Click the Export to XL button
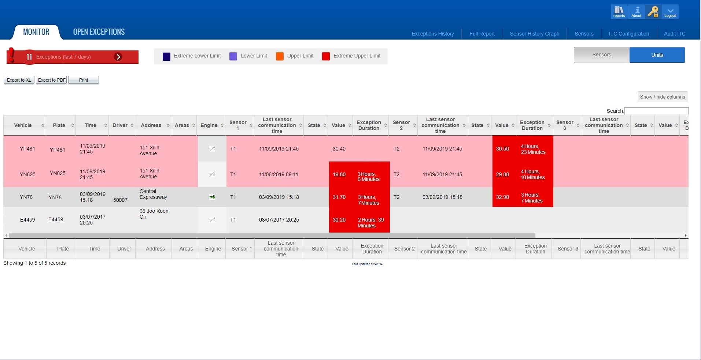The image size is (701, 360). click(19, 80)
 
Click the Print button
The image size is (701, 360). click(84, 80)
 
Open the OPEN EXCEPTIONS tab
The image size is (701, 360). click(99, 32)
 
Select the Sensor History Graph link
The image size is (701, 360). click(534, 34)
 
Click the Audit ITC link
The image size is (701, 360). click(675, 34)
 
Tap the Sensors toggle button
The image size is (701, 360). click(602, 55)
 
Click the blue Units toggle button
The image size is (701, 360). click(657, 55)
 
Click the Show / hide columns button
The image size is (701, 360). click(662, 97)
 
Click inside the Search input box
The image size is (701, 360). click(656, 111)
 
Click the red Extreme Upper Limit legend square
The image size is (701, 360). click(326, 56)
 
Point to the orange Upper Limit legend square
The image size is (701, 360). click(280, 56)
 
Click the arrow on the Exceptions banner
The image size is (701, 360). click(118, 57)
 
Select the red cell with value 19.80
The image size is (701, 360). click(339, 174)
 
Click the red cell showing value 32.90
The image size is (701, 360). click(502, 197)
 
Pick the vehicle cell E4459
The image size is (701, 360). click(27, 220)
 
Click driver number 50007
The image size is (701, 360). click(120, 200)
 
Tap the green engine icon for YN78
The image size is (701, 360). click(212, 197)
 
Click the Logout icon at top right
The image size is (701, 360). click(670, 12)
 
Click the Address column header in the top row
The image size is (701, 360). click(151, 125)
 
